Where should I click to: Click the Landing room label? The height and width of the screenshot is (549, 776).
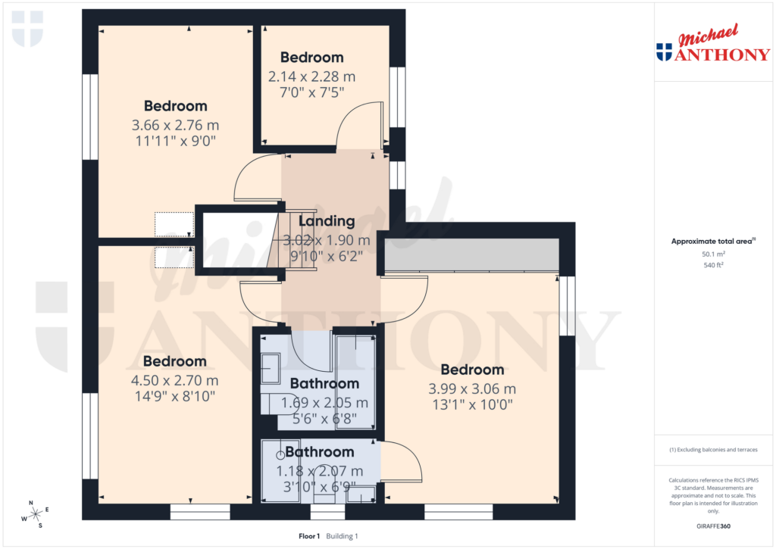point(326,221)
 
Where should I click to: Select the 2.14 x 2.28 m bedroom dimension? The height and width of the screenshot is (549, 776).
point(311,76)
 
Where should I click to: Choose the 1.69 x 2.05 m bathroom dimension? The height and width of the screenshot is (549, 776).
point(324,403)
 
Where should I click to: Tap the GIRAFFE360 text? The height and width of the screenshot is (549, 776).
point(713,526)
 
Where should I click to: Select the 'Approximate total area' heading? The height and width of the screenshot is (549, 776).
point(712,242)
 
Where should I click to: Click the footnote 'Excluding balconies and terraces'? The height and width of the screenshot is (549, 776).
point(713,450)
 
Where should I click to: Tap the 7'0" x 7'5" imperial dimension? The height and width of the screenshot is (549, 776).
point(311,92)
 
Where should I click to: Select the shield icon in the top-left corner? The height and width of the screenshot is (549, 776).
point(27,28)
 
